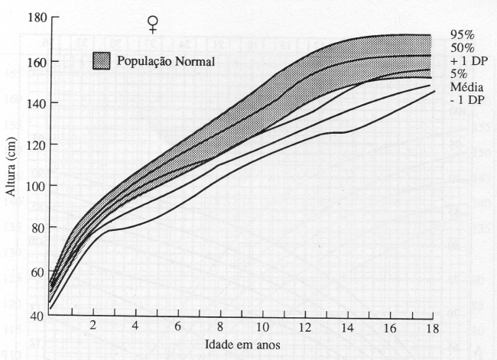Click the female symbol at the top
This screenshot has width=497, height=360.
pyautogui.click(x=154, y=24)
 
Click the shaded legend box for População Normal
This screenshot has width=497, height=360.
pyautogui.click(x=102, y=60)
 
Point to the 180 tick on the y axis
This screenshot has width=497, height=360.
pyautogui.click(x=28, y=16)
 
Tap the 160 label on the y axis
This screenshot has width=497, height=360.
pyautogui.click(x=28, y=62)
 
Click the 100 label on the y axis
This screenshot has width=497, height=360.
pyautogui.click(x=28, y=186)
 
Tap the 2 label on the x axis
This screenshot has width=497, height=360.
pyautogui.click(x=93, y=327)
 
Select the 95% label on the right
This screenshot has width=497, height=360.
pyautogui.click(x=461, y=34)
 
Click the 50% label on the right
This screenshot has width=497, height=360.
pyautogui.click(x=461, y=47)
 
